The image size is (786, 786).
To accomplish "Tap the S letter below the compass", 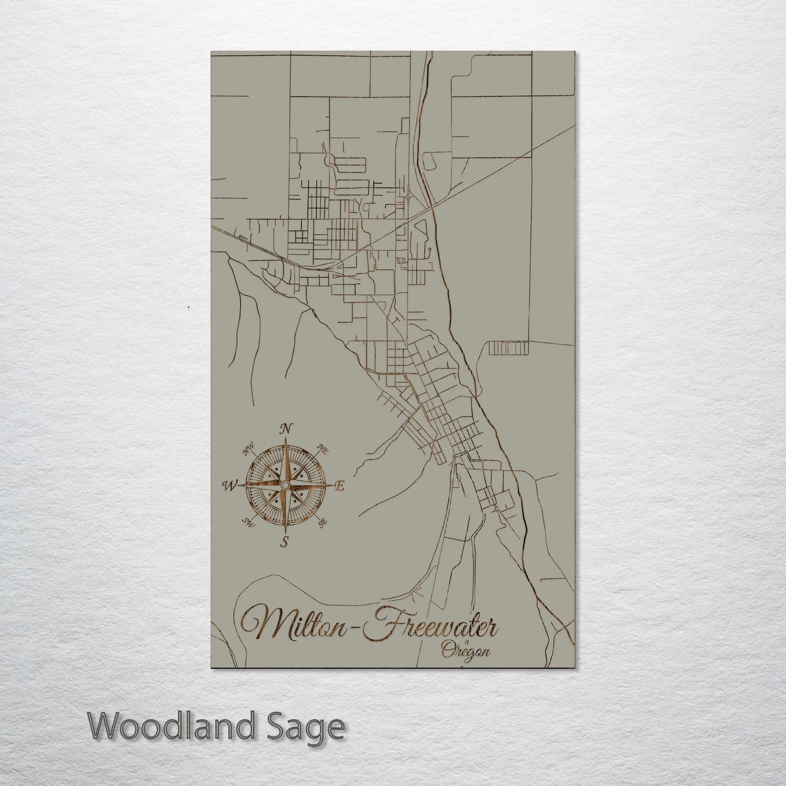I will pyautogui.click(x=284, y=541).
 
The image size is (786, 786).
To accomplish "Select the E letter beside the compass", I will pyautogui.click(x=340, y=486).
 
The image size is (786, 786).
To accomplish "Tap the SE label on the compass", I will pyautogui.click(x=323, y=523).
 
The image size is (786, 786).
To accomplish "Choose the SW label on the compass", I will pyautogui.click(x=249, y=523).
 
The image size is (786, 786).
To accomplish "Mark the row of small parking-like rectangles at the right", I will pyautogui.click(x=508, y=348).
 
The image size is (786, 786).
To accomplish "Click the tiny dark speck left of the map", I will pyautogui.click(x=188, y=307).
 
